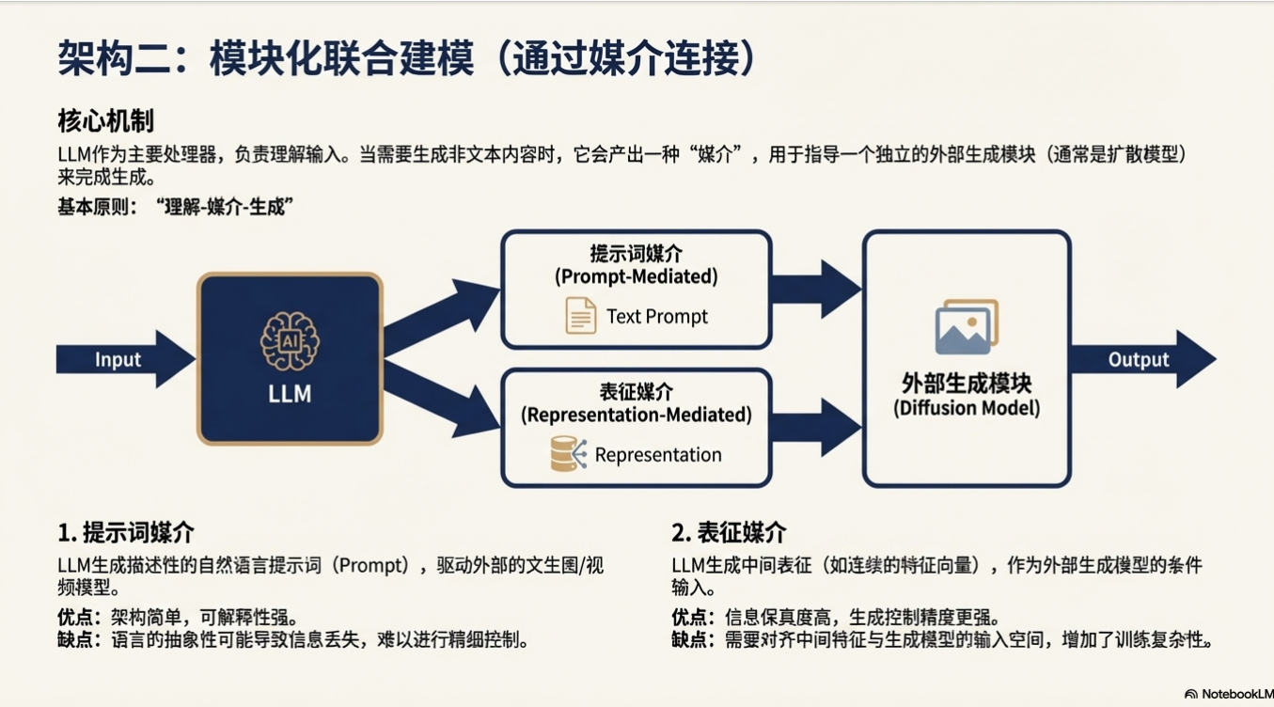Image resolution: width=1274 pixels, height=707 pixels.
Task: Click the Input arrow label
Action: [118, 360]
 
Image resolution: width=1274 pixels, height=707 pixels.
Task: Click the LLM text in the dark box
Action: [290, 394]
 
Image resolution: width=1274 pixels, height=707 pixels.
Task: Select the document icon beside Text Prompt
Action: [580, 316]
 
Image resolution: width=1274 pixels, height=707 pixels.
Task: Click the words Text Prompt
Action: [657, 316]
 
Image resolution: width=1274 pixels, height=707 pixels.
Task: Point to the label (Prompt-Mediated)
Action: [636, 276]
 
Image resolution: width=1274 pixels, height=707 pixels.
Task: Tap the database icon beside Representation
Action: [568, 454]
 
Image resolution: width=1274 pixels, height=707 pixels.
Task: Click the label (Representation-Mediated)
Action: [636, 415]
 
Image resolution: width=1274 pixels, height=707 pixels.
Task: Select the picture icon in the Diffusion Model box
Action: [966, 326]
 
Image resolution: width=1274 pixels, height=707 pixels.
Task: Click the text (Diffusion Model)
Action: [967, 409]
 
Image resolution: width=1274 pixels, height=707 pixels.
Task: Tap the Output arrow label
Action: [1139, 360]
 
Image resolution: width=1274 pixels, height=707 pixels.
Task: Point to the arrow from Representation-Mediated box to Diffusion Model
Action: [814, 427]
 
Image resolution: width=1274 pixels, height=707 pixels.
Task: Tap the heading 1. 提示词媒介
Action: [126, 533]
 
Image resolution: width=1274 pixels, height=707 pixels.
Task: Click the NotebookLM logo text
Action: [1235, 694]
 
